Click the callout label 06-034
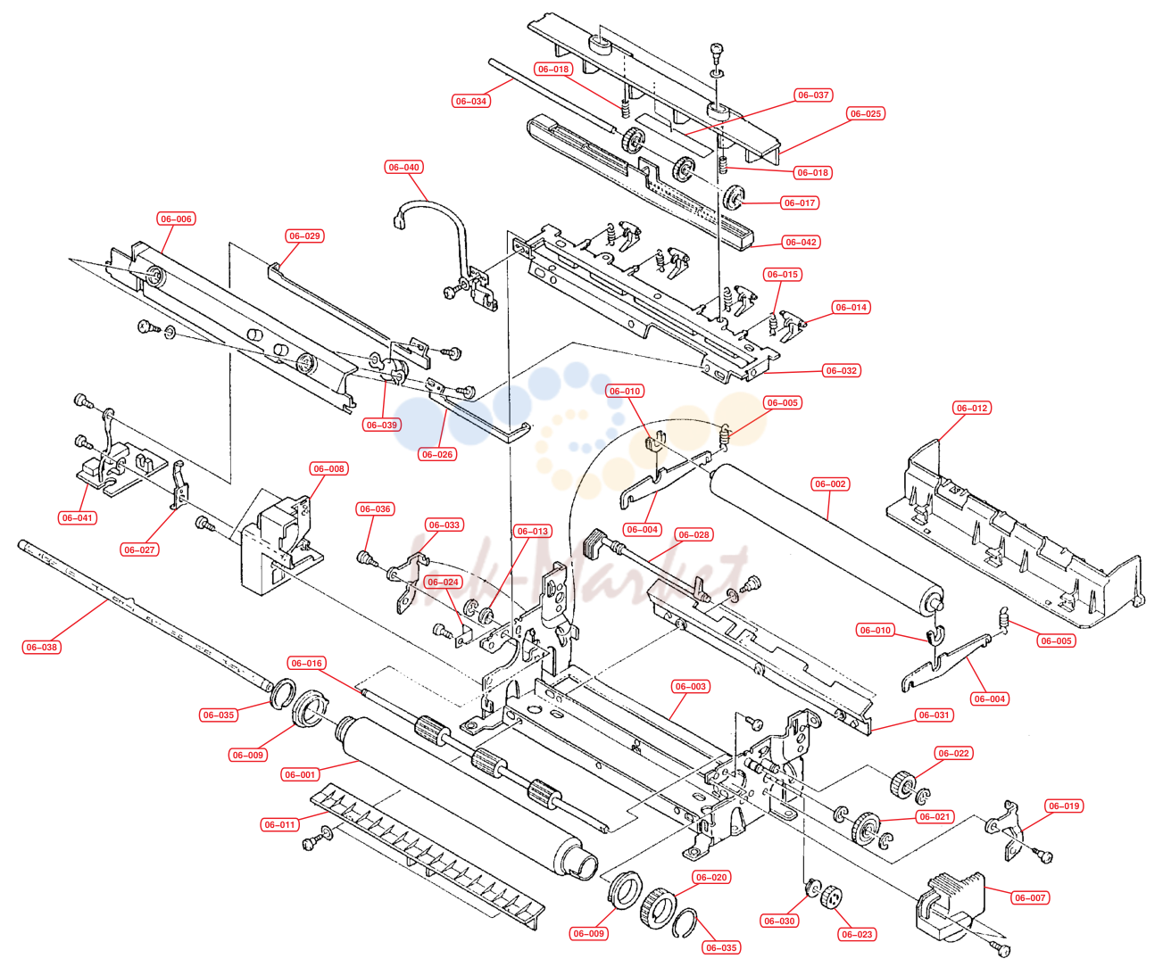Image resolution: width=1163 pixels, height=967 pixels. click(470, 101)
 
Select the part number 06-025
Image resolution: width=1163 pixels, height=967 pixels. click(866, 113)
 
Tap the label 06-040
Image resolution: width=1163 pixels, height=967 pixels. click(403, 167)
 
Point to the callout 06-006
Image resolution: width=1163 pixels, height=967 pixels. click(176, 219)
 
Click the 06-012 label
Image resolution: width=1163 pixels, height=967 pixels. click(972, 408)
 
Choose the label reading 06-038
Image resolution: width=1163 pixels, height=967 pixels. click(42, 647)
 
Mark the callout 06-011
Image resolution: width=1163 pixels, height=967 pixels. click(279, 824)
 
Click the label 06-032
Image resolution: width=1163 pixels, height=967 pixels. click(842, 371)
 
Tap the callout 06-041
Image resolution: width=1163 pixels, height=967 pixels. click(78, 517)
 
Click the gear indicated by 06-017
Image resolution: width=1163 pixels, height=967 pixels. click(734, 198)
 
